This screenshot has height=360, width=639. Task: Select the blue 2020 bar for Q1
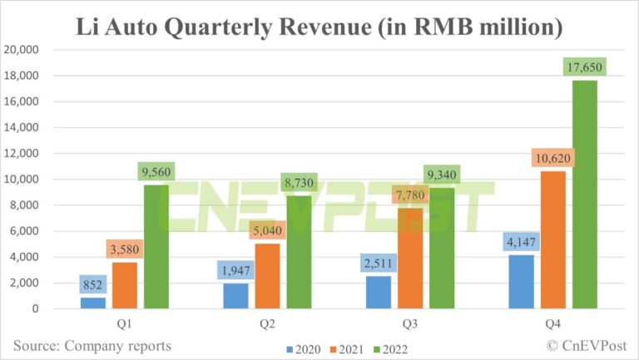point(92,303)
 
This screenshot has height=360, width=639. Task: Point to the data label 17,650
point(584,67)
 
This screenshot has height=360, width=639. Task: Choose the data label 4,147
point(521,243)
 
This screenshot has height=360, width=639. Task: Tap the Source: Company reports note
point(92,345)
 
